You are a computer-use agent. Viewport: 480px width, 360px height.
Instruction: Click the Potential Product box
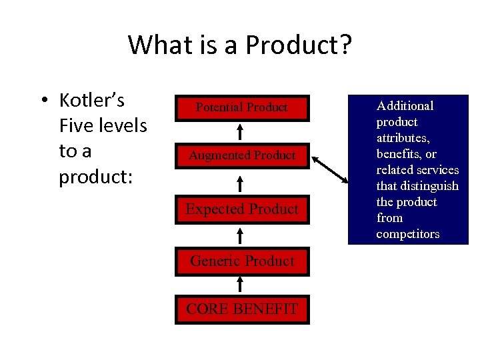(x=241, y=107)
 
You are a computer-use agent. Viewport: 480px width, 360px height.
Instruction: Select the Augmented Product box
(x=241, y=155)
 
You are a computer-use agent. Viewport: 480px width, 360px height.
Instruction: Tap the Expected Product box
(x=241, y=209)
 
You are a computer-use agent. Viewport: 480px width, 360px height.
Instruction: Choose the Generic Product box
(x=241, y=261)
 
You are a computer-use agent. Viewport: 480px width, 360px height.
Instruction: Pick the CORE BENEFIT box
(x=241, y=309)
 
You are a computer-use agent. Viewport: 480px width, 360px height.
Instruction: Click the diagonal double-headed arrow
(x=331, y=169)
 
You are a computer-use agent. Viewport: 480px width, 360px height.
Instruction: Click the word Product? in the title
(x=299, y=45)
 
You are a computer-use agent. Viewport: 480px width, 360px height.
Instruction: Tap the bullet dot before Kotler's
(x=42, y=101)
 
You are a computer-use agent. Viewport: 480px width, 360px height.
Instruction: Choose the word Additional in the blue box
(x=405, y=106)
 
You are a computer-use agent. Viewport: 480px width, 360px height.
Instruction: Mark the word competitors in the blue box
(x=407, y=234)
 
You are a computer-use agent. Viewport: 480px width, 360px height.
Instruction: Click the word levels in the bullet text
(x=125, y=126)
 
